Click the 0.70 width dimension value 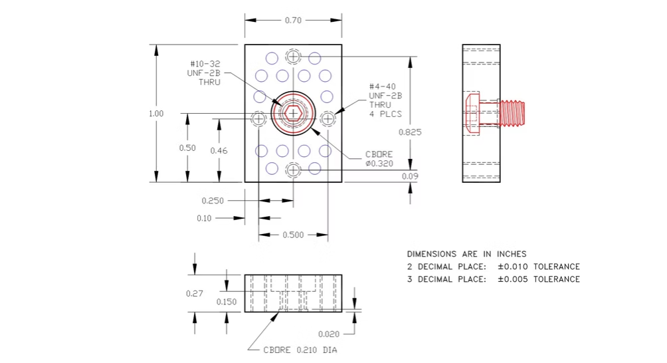293,20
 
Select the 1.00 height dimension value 156,114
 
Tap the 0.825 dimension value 410,132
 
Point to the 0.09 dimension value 410,176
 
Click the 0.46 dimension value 219,151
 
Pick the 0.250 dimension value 213,200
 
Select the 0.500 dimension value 293,235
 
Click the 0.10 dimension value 204,218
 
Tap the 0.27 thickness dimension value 195,294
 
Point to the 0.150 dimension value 227,302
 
